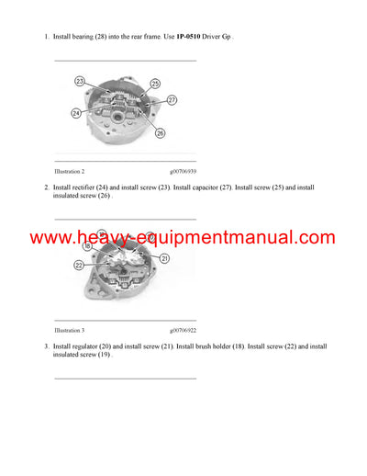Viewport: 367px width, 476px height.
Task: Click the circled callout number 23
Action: [80, 82]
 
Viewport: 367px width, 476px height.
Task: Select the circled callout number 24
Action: [76, 113]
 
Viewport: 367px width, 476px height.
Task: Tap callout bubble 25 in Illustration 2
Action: [155, 84]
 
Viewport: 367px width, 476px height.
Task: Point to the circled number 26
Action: [161, 133]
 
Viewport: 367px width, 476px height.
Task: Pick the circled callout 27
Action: [172, 99]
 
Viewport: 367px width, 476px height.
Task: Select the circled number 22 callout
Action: [80, 266]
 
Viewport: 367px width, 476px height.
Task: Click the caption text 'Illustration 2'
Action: [70, 171]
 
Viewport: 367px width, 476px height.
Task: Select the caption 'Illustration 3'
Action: [70, 329]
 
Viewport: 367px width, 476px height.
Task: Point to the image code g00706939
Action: [182, 171]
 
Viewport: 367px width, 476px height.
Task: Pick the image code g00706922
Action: [182, 329]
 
